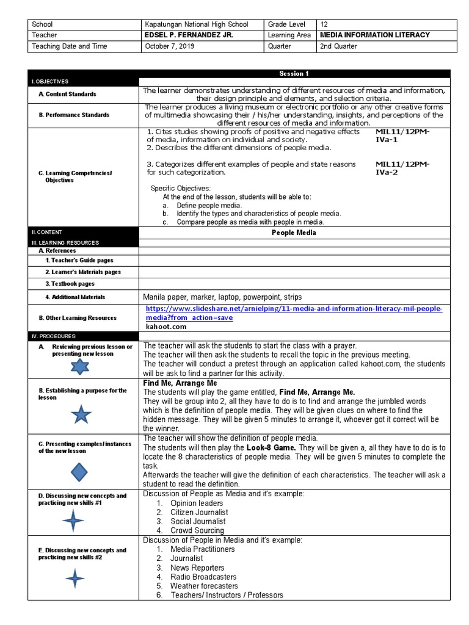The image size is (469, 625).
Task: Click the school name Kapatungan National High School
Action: tap(196, 24)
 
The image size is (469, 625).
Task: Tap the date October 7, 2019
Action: tap(168, 46)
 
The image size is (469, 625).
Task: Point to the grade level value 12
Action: tap(324, 24)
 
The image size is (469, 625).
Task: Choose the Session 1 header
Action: tap(294, 74)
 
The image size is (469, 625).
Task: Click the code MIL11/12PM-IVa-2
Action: tap(402, 168)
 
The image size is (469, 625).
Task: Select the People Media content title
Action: tap(294, 233)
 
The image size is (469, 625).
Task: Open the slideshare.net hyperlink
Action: tap(294, 313)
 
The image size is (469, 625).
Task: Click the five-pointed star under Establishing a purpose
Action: tap(81, 414)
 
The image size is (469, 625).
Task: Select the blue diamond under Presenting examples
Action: tap(80, 472)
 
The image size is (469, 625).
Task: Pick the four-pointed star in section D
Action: tap(73, 521)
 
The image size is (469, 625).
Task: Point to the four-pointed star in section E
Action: tap(75, 577)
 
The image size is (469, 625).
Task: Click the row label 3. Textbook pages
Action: tap(70, 284)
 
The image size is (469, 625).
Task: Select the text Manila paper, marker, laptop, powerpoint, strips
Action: tap(222, 297)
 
